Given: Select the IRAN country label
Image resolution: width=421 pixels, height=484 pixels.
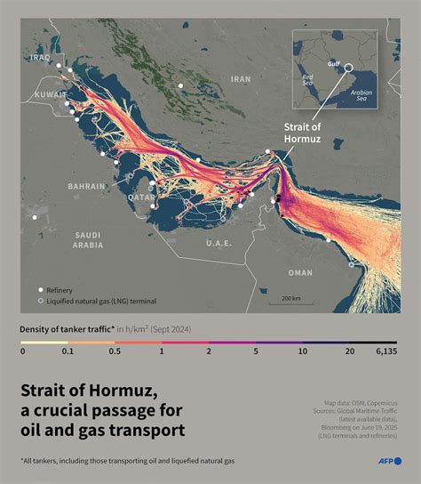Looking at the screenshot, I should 241,79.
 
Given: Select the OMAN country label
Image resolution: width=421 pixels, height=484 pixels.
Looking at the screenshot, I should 301,274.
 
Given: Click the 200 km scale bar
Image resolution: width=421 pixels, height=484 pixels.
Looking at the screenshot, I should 290,298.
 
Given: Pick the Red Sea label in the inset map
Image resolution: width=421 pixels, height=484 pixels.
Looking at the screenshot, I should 308,80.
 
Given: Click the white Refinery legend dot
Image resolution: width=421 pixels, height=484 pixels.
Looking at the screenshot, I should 40,290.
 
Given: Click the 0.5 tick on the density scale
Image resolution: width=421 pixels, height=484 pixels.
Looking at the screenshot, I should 116,352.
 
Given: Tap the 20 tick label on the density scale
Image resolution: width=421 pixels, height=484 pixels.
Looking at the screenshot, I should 350,352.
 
